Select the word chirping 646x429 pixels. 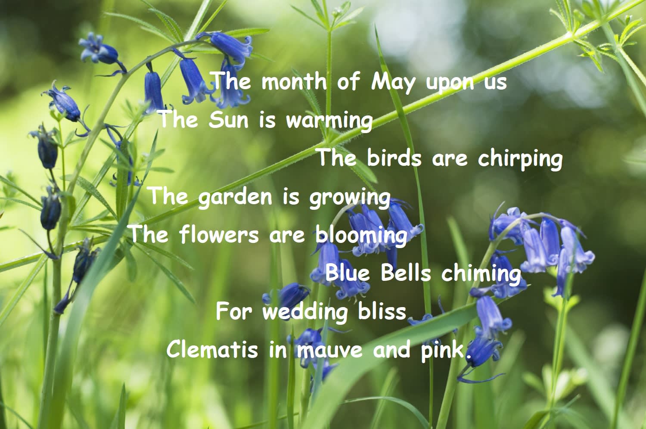tap(520, 159)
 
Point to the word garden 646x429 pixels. tap(235, 198)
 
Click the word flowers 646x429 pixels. tap(219, 235)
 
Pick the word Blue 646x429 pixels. tap(347, 273)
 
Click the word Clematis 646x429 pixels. tap(212, 349)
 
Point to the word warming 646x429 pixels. tap(329, 121)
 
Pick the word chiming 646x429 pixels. tap(481, 274)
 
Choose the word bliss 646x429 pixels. tap(382, 311)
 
